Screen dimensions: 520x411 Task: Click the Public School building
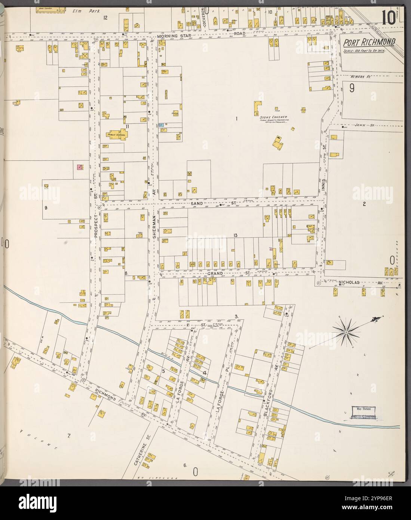pyautogui.click(x=116, y=135)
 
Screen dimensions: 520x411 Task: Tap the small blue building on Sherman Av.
pyautogui.click(x=161, y=126)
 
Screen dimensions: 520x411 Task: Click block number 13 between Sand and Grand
pyautogui.click(x=235, y=235)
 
